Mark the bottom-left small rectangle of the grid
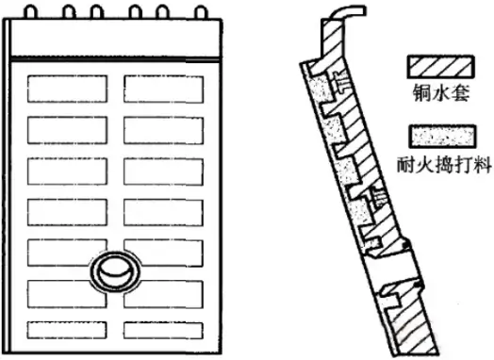point(64,330)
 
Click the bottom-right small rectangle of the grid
point(162,330)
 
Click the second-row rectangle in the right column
point(162,128)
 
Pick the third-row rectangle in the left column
point(64,170)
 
